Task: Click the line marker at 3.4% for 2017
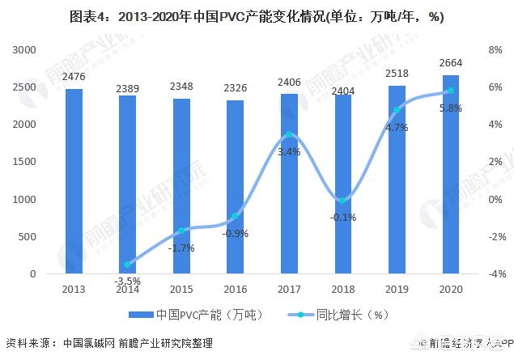click(x=290, y=134)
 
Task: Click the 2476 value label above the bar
click(x=74, y=77)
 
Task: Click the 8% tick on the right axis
click(x=496, y=50)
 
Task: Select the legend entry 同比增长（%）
click(x=324, y=315)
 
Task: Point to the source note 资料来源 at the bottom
click(x=109, y=343)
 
